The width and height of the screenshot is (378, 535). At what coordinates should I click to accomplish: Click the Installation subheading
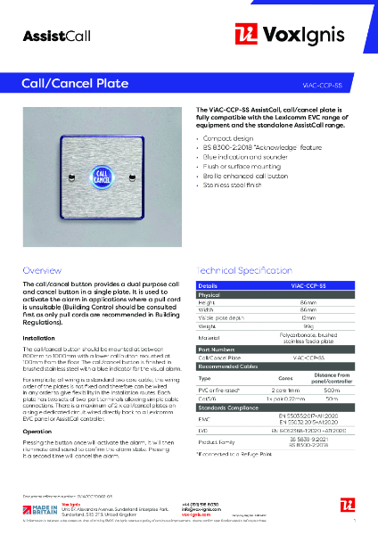(38, 339)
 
